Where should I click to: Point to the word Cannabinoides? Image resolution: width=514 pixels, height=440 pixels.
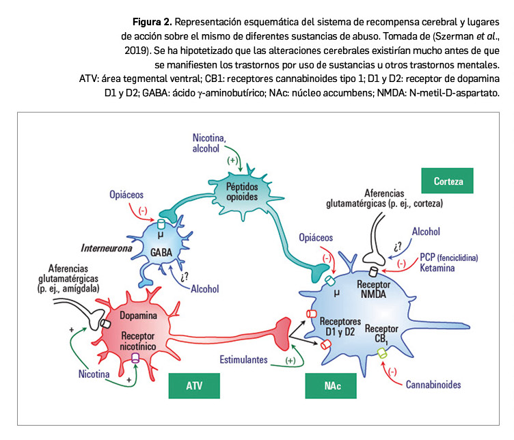click(x=433, y=384)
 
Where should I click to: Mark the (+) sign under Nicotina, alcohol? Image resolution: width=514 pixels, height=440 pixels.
click(x=234, y=161)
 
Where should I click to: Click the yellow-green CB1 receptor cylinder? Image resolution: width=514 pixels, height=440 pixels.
click(x=382, y=353)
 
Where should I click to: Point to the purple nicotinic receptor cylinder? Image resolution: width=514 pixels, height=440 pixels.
click(x=136, y=357)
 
